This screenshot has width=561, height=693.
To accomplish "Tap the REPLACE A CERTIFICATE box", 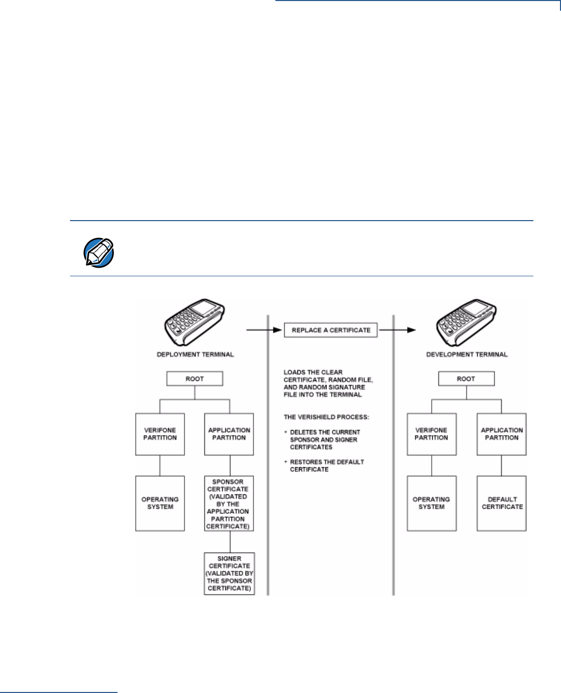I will pos(331,330).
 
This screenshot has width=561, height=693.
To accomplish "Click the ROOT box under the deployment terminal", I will pos(195,379).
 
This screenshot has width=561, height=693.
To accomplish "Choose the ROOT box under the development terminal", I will pos(466,379).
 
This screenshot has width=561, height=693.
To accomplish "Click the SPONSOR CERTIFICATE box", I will pos(228,504).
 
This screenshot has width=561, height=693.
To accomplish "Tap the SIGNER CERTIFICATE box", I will pos(229,573).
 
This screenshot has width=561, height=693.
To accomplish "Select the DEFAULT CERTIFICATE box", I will pos(502,504).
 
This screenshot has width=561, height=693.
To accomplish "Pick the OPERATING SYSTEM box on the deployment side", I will pos(160,504).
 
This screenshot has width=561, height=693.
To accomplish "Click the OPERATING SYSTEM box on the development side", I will pos(431,504).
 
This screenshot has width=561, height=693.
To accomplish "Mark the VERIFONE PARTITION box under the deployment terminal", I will pos(160,434).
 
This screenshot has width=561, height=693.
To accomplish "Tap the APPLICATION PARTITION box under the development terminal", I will pos(502,434).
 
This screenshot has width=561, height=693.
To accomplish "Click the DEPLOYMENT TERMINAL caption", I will pos(195,354).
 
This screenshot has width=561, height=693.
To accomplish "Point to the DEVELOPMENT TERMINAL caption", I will pos(467,354).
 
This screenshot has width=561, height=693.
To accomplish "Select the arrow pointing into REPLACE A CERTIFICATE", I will pos(265,330).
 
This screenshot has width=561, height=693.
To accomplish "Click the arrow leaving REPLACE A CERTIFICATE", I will pos(397,330).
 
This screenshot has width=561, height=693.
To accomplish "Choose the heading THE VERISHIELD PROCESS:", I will pos(326,417).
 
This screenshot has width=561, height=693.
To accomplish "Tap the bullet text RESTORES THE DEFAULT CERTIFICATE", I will pos(326,466).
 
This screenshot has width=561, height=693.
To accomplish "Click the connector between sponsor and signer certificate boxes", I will pos(229,542).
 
